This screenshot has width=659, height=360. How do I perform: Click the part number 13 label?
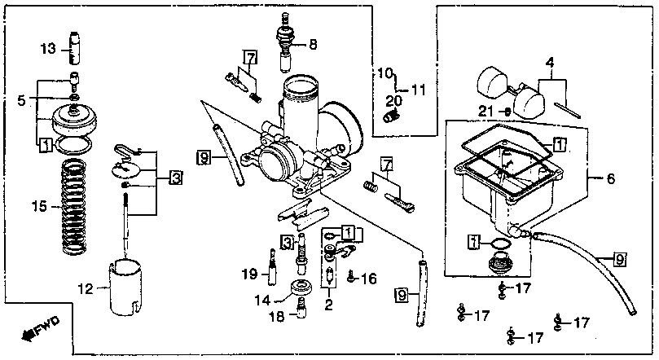[x=48, y=49]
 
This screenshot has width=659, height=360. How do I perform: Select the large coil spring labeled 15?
[x=75, y=207]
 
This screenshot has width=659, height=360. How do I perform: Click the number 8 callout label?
[x=313, y=44]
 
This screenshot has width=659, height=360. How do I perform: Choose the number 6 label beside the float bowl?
[x=610, y=179]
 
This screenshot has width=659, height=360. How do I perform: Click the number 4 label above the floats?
[x=550, y=64]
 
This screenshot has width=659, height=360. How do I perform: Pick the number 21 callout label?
[x=485, y=112]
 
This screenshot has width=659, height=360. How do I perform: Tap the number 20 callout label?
[x=393, y=101]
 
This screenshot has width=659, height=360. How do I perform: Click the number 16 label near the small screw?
[x=369, y=278]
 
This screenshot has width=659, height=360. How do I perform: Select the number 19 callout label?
[x=249, y=274]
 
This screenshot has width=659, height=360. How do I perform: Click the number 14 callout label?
[x=262, y=301]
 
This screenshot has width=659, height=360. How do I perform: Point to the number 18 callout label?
[x=277, y=316]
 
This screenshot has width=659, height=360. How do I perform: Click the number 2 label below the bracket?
[x=328, y=305]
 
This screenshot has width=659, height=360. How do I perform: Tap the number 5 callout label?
[x=21, y=100]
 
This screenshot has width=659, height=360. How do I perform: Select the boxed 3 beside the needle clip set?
[x=176, y=178]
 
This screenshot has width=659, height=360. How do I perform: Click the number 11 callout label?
[x=418, y=90]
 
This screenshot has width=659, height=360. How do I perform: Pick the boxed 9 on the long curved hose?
[x=620, y=259]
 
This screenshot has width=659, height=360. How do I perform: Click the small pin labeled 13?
[x=74, y=48]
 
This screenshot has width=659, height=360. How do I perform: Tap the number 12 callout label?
[x=86, y=288]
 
